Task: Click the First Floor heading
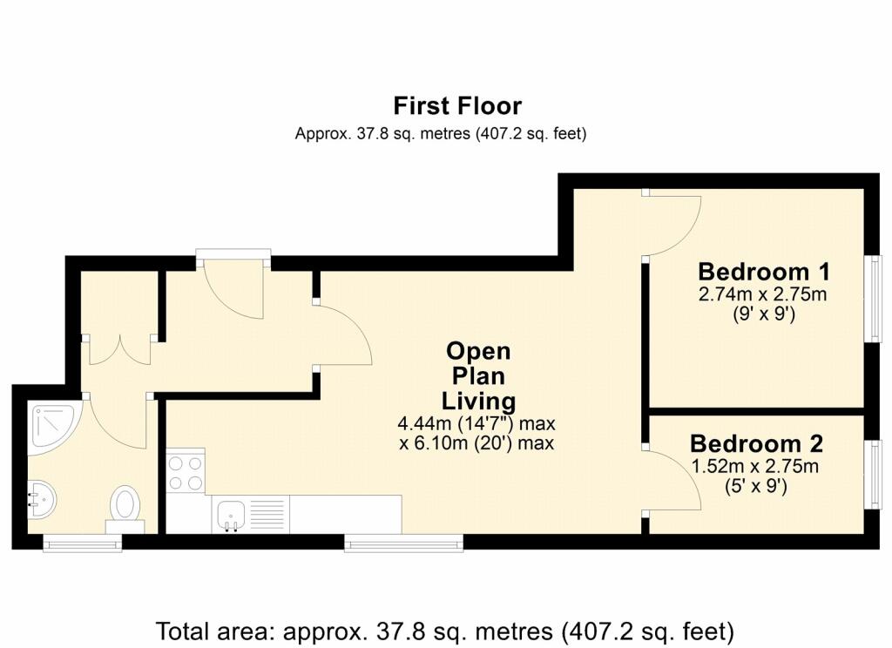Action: coord(457,106)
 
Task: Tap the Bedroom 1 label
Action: coord(763,272)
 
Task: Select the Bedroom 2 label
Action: coord(756,443)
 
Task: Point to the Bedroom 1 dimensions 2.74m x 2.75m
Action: coord(762,294)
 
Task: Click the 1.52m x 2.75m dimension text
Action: coord(755,467)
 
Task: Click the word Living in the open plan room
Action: coord(478,402)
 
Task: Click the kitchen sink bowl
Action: coord(231,515)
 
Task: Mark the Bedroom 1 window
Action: coord(873,299)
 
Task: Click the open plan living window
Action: coord(403,543)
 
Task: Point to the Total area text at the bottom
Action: coord(445,631)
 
